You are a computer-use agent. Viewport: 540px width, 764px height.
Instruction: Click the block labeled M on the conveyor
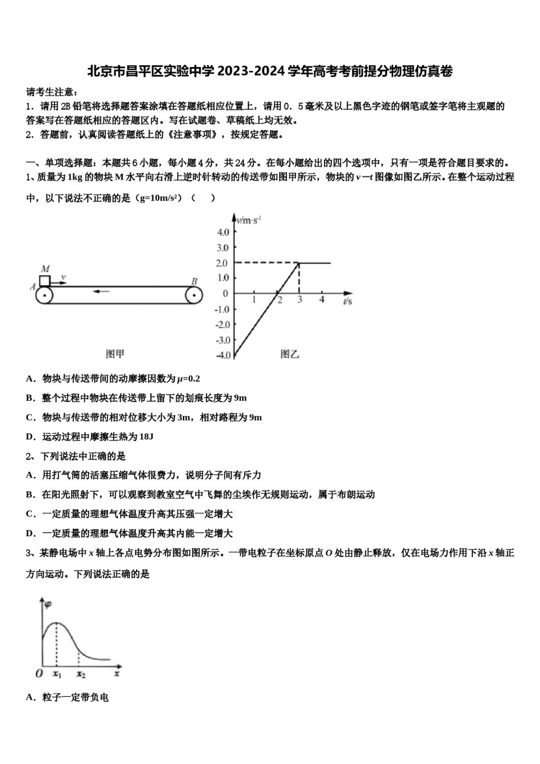[44, 280]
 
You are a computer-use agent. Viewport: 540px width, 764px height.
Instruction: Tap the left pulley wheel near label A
[44, 296]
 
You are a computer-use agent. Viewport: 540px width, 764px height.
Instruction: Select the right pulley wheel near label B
[194, 296]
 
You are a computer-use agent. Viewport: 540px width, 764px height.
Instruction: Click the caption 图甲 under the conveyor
[115, 354]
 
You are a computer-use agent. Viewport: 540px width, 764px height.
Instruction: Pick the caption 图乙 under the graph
[290, 354]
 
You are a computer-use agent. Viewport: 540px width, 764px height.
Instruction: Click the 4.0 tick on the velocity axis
[223, 232]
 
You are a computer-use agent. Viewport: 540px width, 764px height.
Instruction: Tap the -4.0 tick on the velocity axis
[222, 356]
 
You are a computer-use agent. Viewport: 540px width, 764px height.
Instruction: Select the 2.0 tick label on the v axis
[222, 263]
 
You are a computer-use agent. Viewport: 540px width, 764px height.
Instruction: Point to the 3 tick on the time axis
[300, 300]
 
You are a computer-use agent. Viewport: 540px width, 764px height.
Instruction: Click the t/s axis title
[347, 301]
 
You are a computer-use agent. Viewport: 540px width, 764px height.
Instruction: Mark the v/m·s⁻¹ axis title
[248, 220]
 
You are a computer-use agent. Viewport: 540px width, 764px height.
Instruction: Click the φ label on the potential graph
[48, 604]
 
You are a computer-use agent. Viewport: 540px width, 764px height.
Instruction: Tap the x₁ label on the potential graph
[57, 674]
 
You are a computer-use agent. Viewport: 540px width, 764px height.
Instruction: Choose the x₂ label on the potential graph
[81, 674]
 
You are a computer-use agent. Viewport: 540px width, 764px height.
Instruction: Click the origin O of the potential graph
[39, 674]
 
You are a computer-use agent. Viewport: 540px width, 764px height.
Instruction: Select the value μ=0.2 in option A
[188, 379]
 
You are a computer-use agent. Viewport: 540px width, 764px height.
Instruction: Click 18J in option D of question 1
[146, 437]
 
